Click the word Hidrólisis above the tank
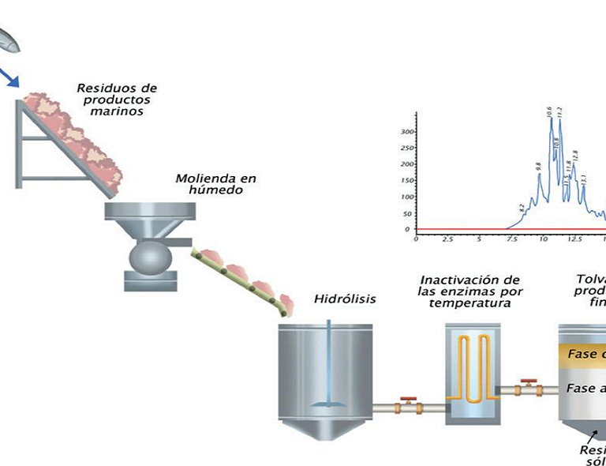[x=345, y=299]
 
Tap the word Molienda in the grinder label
[x=202, y=178]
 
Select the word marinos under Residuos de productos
[x=116, y=112]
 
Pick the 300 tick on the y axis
[x=408, y=131]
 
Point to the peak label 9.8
[x=538, y=167]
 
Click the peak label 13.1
[x=583, y=179]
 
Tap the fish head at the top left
[x=8, y=39]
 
